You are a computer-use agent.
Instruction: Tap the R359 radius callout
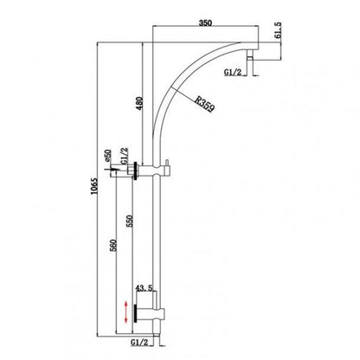[x=205, y=106]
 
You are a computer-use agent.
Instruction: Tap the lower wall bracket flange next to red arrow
[x=136, y=309]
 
